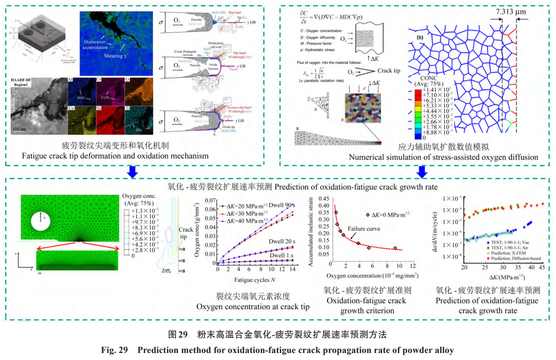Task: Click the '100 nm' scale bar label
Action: [22, 130]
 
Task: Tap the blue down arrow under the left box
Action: [131, 172]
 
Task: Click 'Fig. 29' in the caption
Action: [114, 350]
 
